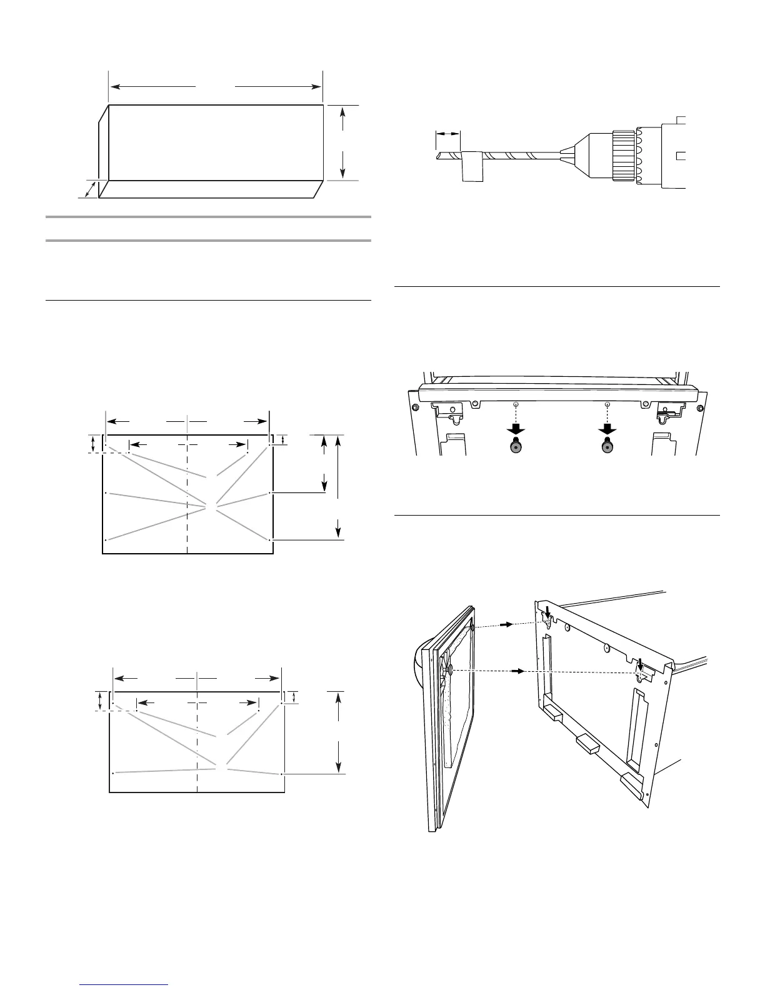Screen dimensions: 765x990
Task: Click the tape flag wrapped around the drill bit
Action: [x=472, y=166]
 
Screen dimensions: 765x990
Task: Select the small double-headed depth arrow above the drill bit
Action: [x=447, y=133]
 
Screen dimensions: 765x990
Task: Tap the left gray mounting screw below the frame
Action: [x=516, y=446]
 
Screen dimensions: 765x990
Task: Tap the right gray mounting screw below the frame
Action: [x=607, y=446]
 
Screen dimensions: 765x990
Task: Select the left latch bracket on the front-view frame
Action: [x=450, y=409]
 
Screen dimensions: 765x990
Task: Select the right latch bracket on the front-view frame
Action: [x=668, y=409]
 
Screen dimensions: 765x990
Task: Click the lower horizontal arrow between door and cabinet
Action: [x=516, y=671]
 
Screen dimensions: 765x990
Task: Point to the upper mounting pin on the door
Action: [x=473, y=627]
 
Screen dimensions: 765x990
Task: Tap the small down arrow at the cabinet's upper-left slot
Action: [x=547, y=610]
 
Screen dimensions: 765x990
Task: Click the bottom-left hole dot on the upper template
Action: [x=106, y=539]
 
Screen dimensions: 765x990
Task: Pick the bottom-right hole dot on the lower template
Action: [x=282, y=774]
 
